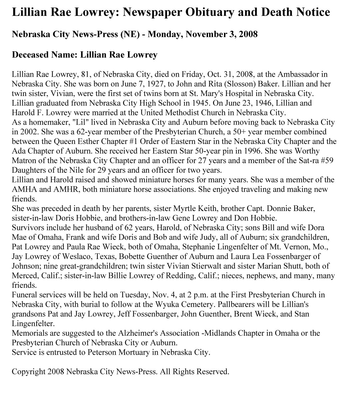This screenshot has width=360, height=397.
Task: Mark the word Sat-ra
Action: tap(307, 161)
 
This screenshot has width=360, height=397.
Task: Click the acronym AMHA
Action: tap(23, 190)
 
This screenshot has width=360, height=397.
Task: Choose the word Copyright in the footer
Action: tap(28, 372)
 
